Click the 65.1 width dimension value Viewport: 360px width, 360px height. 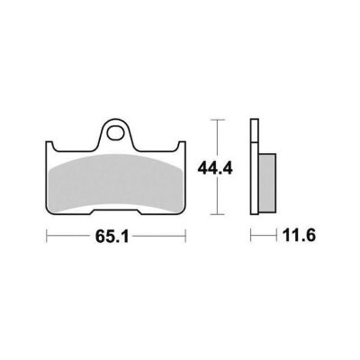click(112, 237)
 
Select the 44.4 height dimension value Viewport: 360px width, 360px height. click(215, 170)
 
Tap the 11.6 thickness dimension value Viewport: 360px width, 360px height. click(299, 236)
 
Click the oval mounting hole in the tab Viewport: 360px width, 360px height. click(116, 133)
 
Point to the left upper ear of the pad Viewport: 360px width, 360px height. click(49, 146)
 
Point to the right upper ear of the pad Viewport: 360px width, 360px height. click(182, 146)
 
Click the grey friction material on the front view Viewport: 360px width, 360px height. click(116, 182)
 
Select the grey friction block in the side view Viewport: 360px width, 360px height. click(267, 183)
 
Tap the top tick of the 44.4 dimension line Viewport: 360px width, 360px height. click(217, 120)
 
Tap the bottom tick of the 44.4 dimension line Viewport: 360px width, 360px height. click(217, 214)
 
